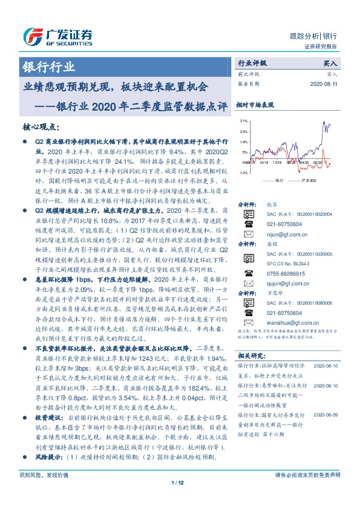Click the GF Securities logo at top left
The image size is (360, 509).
[x=57, y=36]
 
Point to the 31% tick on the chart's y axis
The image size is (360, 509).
[x=243, y=122]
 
